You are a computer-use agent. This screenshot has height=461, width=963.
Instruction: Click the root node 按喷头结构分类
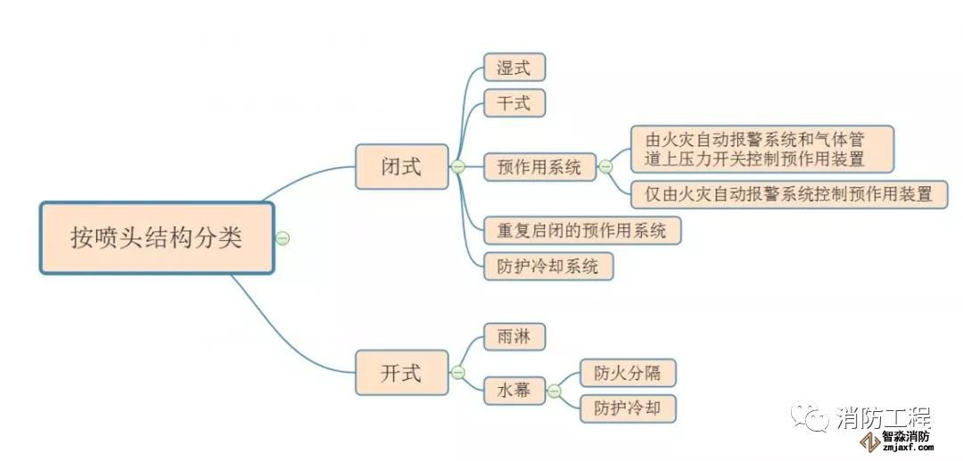point(156,238)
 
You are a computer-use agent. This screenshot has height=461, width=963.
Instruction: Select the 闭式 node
point(401,167)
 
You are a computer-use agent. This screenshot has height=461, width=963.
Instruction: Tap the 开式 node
point(401,373)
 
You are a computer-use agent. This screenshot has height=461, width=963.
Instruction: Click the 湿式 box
point(514,68)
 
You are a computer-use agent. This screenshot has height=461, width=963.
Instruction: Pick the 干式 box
point(514,103)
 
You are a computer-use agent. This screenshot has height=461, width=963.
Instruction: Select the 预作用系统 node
point(539,167)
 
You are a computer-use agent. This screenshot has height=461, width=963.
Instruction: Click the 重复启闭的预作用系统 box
point(581,230)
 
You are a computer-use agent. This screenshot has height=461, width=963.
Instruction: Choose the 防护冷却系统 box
point(548,266)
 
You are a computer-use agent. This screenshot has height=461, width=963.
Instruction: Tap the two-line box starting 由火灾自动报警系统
point(761,149)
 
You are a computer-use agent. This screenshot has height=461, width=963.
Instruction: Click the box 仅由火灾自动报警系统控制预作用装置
point(789,194)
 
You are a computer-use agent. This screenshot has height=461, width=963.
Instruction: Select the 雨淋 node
point(514,337)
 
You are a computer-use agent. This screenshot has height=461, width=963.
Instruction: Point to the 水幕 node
point(514,390)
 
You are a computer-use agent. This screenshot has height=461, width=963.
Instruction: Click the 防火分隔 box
point(627,373)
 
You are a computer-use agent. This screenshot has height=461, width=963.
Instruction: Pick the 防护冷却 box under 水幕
point(627,408)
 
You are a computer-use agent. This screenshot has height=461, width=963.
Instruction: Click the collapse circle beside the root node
point(283,238)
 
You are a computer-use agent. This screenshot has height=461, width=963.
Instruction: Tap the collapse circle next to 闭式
point(458,167)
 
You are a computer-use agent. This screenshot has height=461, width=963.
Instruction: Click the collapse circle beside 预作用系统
point(605,167)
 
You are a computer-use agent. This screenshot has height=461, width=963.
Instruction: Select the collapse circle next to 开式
point(458,373)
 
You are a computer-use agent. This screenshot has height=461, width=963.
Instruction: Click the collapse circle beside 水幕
point(554,390)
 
